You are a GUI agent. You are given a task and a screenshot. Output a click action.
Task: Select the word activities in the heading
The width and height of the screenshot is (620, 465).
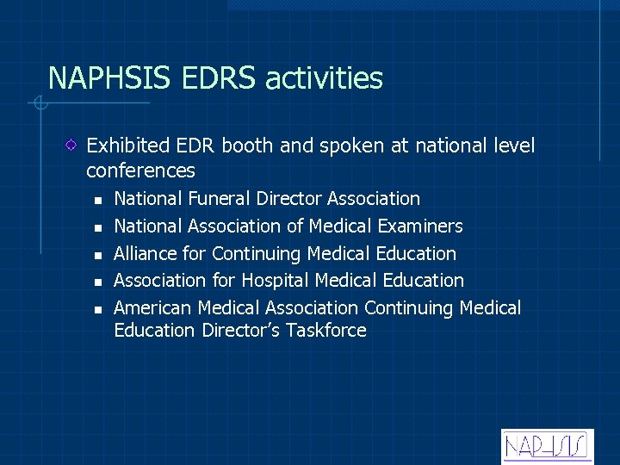tap(325, 78)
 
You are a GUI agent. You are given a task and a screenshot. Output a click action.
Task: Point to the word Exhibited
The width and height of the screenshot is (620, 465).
tap(124, 146)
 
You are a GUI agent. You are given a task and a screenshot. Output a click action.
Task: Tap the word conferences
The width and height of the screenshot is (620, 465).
tap(140, 170)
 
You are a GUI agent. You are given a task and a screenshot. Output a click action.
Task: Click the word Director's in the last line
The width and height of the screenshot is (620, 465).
tap(241, 331)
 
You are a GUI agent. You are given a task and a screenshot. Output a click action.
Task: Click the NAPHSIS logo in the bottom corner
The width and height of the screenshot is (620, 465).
tap(546, 446)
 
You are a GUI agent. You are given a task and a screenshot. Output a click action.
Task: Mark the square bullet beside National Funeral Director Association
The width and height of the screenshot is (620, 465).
tap(98, 201)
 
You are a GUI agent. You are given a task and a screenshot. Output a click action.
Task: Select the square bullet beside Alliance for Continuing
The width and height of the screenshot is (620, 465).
tap(98, 256)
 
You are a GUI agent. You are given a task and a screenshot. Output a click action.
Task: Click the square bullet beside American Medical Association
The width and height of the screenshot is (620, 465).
tap(98, 310)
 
